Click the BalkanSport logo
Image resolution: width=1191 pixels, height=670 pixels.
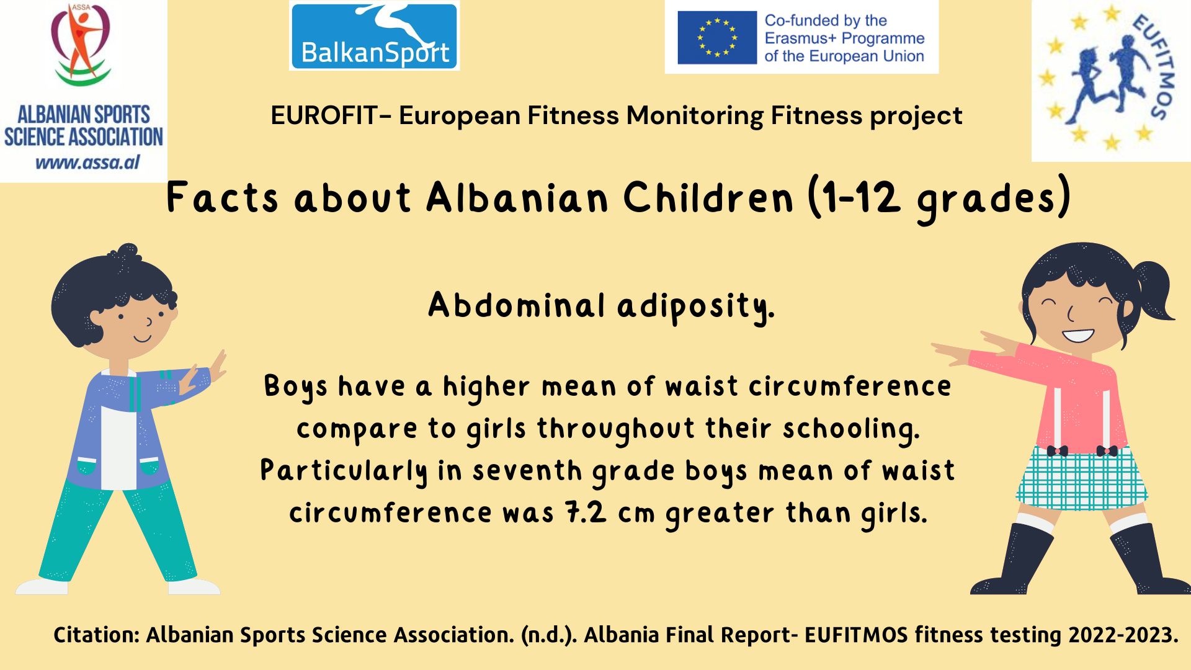(374, 35)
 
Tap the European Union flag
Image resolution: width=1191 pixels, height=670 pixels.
(717, 37)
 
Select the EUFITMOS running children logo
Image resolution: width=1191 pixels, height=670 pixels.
(1110, 81)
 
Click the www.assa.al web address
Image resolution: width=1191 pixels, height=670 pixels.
(87, 163)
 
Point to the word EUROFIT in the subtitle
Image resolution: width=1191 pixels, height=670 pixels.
(324, 115)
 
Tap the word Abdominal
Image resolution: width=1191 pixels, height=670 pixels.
(517, 305)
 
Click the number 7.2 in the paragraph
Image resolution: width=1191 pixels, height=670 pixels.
(586, 513)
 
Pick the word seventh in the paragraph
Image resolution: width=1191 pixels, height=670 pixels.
(527, 471)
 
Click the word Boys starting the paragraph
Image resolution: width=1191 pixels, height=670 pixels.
(295, 387)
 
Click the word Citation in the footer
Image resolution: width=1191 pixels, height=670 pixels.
(96, 635)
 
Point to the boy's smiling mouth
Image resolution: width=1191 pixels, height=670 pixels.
(143, 339)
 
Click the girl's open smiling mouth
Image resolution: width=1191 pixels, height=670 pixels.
(1077, 336)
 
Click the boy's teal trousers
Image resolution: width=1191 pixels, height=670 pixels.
(118, 527)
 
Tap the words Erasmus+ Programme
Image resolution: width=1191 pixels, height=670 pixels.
(844, 38)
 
